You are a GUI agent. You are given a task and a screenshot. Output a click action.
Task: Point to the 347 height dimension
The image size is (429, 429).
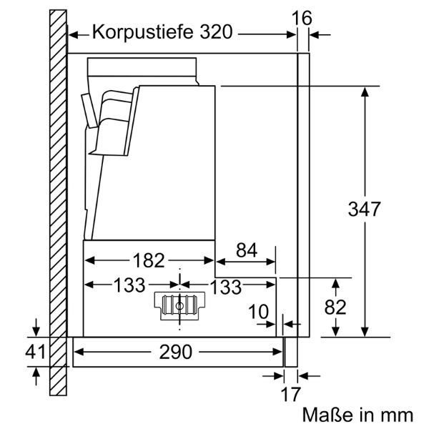365,209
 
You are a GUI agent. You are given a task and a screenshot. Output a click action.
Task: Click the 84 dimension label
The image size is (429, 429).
246,250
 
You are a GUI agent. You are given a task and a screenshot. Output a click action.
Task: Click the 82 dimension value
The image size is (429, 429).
335,307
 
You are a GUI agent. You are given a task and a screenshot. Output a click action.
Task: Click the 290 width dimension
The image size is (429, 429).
176,352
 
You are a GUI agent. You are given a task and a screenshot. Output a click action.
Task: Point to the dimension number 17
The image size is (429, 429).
291,393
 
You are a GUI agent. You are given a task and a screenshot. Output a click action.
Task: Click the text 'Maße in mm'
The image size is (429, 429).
357,414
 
